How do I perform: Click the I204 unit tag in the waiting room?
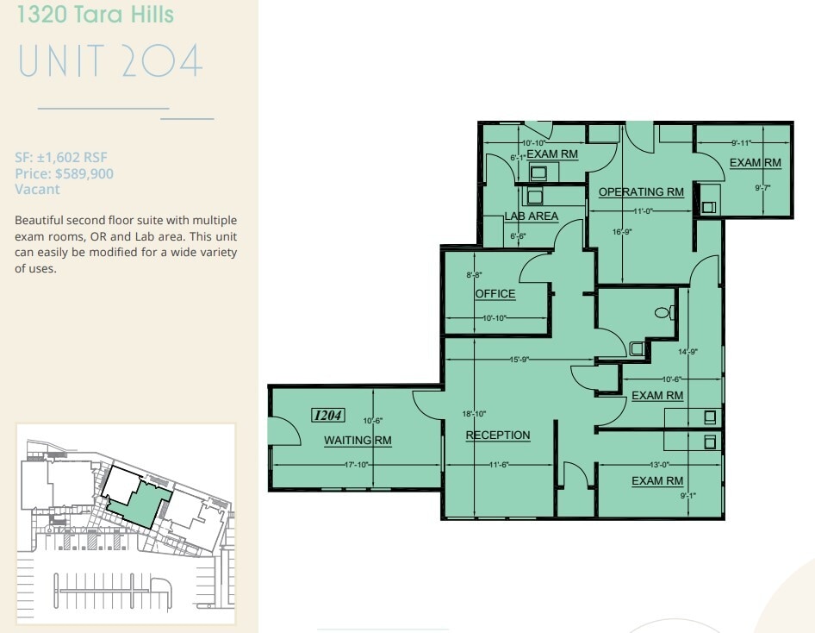pos(328,416)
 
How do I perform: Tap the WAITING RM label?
pos(358,441)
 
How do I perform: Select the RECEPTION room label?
pos(498,435)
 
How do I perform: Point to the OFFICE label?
pos(495,293)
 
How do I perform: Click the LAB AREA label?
pos(531,216)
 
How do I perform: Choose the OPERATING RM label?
pos(641,191)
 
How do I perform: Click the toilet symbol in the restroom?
pos(663,312)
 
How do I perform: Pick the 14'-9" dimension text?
pos(687,351)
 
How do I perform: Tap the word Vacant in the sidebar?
pos(37,189)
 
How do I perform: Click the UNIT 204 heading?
pos(110,62)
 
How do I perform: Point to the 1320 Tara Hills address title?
pos(95,15)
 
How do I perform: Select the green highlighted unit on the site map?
pos(137,499)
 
